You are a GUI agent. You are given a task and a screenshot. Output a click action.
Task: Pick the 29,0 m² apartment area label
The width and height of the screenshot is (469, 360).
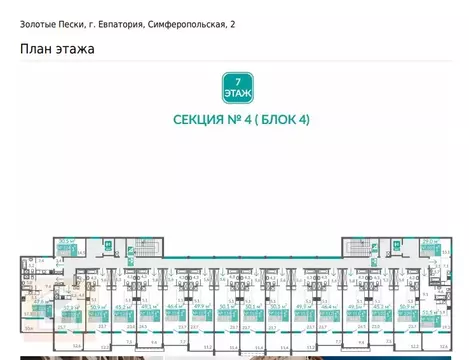[x=431, y=241]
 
